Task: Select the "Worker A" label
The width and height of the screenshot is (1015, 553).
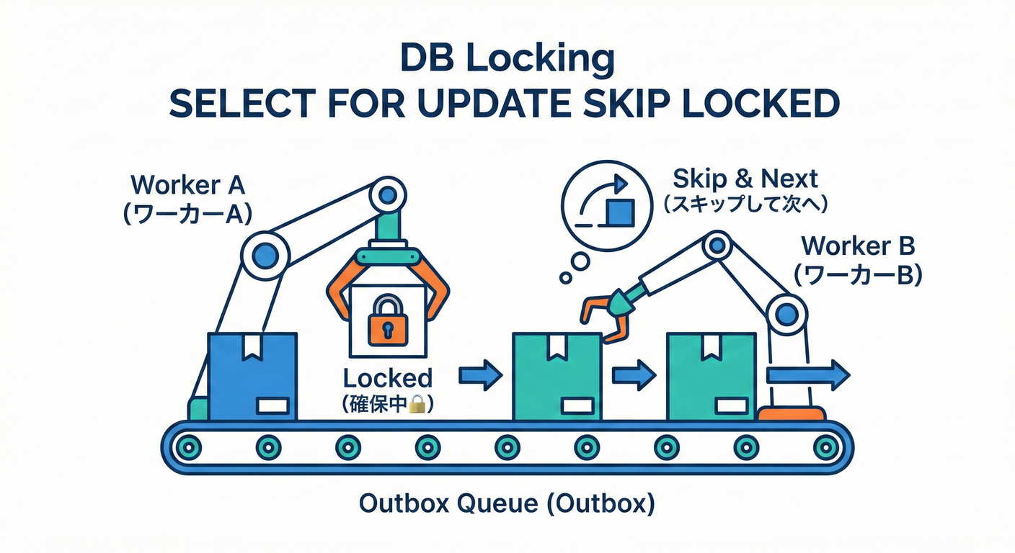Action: click(187, 184)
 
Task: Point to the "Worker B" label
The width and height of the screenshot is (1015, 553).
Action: click(859, 246)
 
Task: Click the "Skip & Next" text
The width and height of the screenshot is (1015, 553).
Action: click(745, 179)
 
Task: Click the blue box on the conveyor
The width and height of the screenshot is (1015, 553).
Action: click(252, 377)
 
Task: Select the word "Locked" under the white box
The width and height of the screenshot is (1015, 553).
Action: click(387, 378)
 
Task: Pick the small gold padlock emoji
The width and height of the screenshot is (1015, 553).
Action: click(418, 404)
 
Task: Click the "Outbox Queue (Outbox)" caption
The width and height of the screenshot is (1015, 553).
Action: click(507, 503)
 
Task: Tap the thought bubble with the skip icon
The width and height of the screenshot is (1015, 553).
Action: click(607, 206)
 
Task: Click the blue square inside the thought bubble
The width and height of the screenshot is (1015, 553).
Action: click(621, 212)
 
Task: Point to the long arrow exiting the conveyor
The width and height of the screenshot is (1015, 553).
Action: click(808, 375)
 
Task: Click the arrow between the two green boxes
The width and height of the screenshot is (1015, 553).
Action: click(634, 375)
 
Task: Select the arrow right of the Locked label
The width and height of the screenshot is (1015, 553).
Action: click(481, 375)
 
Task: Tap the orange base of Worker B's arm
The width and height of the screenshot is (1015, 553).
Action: click(792, 413)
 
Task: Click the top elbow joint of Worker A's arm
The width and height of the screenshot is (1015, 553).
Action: click(388, 196)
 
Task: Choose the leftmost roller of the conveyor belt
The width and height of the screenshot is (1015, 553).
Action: click(188, 448)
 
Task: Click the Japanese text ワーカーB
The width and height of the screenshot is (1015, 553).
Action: click(859, 274)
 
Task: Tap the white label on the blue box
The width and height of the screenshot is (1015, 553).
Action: click(273, 406)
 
